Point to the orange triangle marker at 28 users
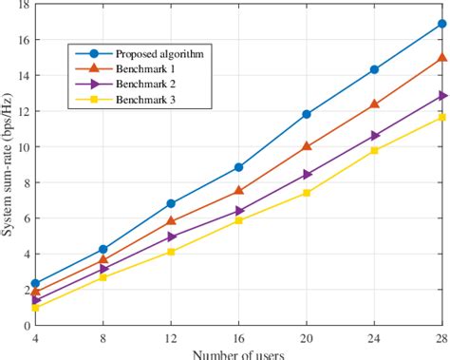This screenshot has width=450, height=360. click(442, 58)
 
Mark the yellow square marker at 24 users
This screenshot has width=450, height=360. click(374, 150)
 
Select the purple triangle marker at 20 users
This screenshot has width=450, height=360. click(306, 174)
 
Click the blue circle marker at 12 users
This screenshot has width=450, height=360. click(171, 203)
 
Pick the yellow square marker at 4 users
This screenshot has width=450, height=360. click(35, 308)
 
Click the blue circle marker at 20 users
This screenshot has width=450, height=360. click(306, 114)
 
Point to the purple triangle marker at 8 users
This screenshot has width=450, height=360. click(103, 269)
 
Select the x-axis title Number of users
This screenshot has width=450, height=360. click(238, 353)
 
